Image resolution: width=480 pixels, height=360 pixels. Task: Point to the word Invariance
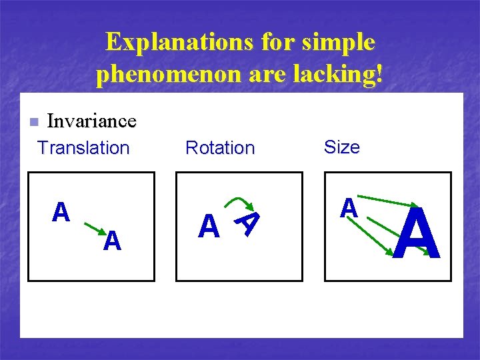pyautogui.click(x=91, y=121)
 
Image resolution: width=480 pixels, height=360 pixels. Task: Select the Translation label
pyautogui.click(x=83, y=147)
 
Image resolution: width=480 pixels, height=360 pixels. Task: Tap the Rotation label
pyautogui.click(x=220, y=147)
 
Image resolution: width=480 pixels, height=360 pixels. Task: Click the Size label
pyautogui.click(x=341, y=147)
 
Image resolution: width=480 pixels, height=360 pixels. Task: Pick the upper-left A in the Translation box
pyautogui.click(x=61, y=212)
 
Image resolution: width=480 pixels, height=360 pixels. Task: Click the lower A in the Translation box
pyautogui.click(x=112, y=241)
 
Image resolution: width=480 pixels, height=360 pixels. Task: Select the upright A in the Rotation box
pyautogui.click(x=209, y=227)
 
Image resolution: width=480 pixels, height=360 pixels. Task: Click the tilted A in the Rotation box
pyautogui.click(x=248, y=222)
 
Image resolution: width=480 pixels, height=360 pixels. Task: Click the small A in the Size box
pyautogui.click(x=349, y=209)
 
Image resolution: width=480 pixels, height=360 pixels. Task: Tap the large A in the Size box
pyautogui.click(x=417, y=234)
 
